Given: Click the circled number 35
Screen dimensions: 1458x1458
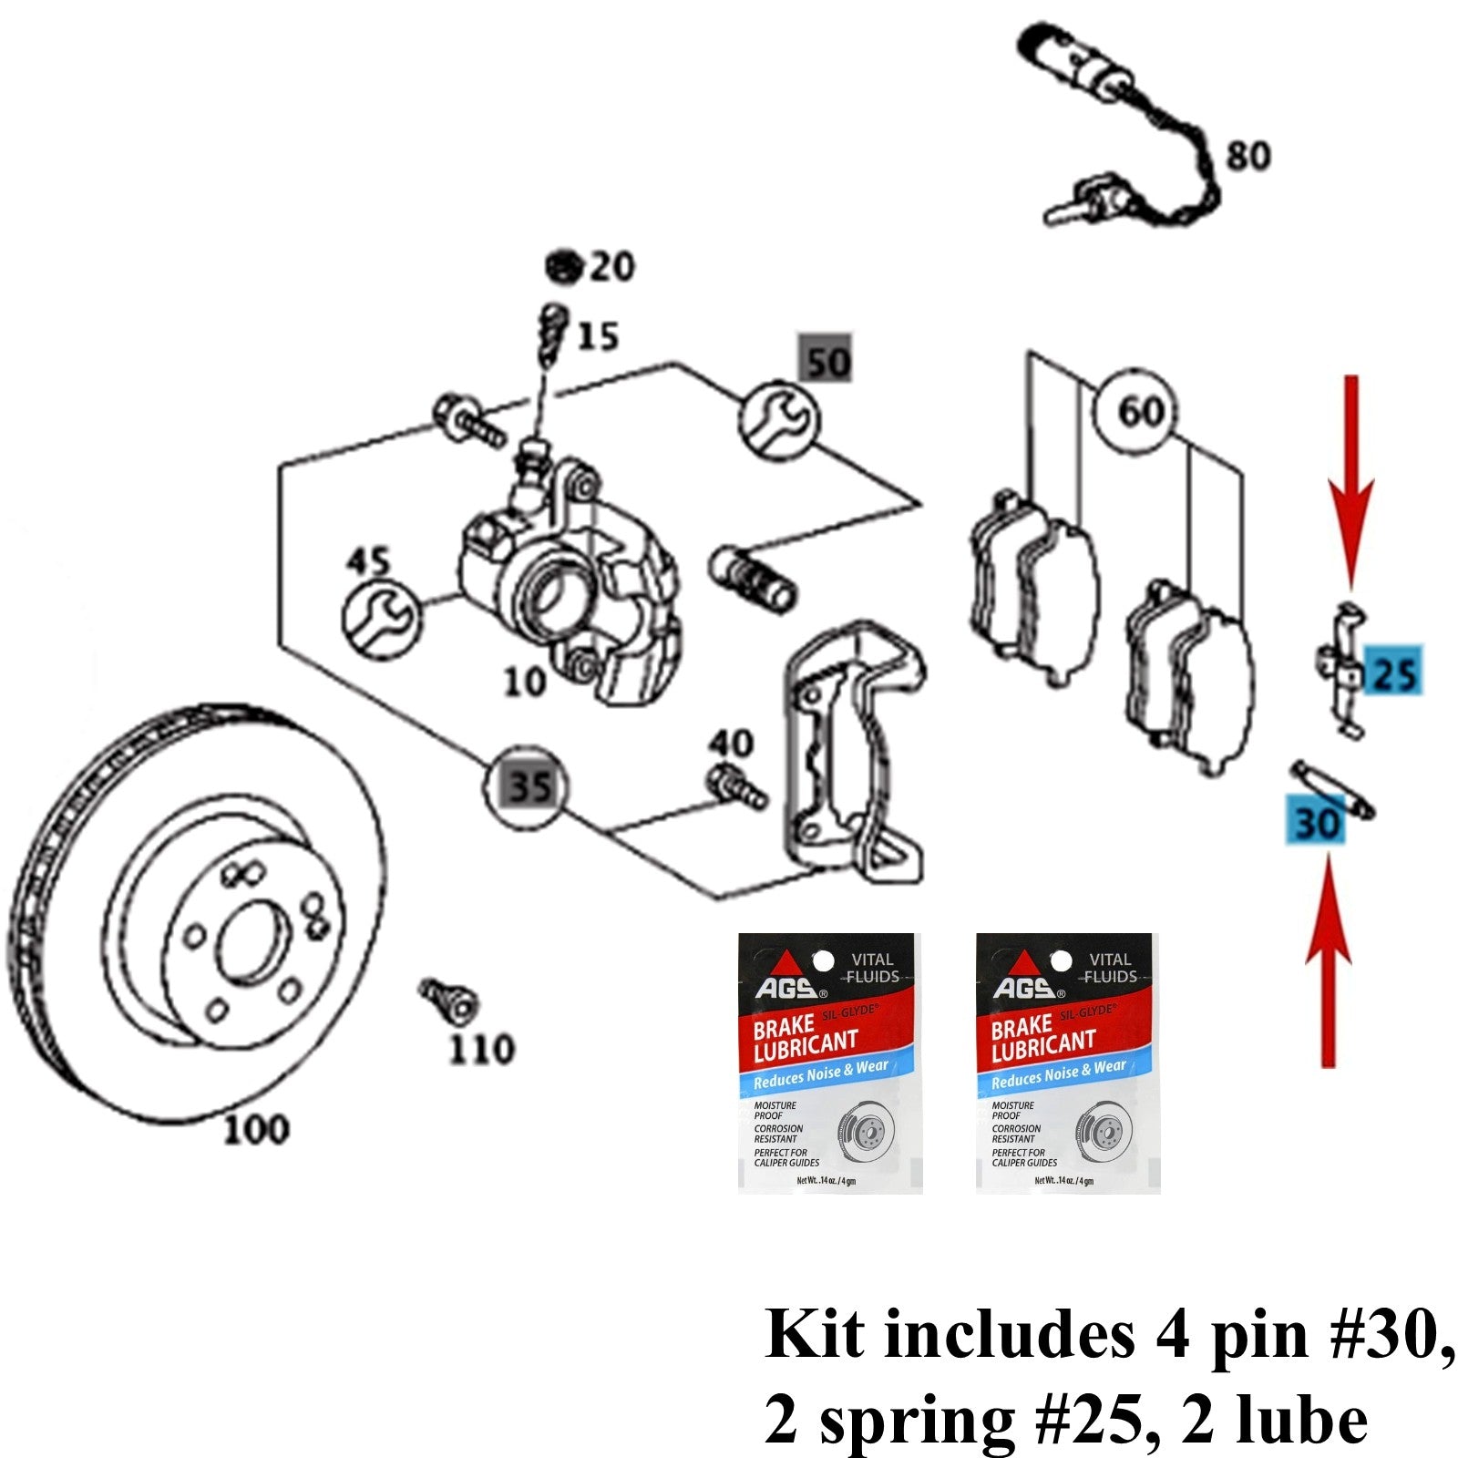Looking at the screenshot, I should pyautogui.click(x=529, y=785).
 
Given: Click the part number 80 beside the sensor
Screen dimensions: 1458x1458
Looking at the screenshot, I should pyautogui.click(x=1248, y=156).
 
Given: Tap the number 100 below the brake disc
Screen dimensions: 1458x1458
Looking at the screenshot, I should pyautogui.click(x=256, y=1130).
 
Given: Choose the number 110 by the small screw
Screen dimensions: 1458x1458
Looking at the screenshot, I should pyautogui.click(x=482, y=1049).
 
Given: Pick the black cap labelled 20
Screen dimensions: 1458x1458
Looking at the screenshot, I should pyautogui.click(x=564, y=267).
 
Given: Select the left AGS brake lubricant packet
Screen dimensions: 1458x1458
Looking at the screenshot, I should pyautogui.click(x=828, y=1063).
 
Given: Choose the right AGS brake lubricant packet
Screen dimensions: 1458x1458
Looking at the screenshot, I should pyautogui.click(x=1067, y=1063).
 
